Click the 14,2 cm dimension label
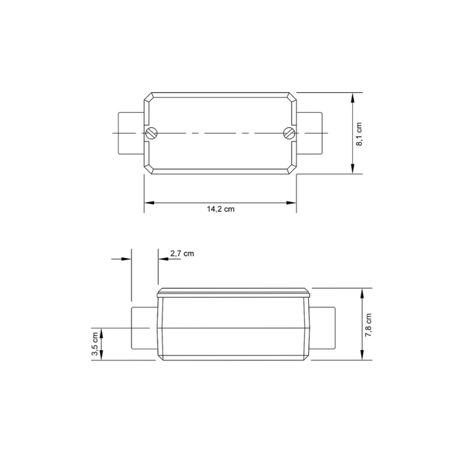point(221,209)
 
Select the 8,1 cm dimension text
point(359,134)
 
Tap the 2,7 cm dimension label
point(182,254)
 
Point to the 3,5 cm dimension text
point(95,344)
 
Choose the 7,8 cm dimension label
point(368,325)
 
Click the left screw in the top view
point(151,133)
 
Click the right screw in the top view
point(289,133)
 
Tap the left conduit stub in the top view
point(131,133)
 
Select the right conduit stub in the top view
point(310,133)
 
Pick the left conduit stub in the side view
point(144,328)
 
